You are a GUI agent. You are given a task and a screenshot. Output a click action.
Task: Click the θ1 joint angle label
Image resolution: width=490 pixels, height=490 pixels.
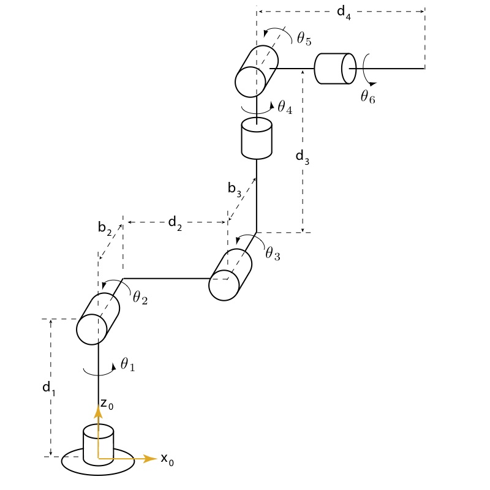(x=128, y=364)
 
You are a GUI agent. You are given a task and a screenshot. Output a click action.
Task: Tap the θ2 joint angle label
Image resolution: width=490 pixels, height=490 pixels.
(x=140, y=297)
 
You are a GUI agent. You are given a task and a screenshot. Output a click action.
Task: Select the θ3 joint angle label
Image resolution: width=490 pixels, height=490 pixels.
(x=273, y=253)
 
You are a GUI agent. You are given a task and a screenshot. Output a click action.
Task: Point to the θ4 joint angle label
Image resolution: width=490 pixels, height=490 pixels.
(x=285, y=107)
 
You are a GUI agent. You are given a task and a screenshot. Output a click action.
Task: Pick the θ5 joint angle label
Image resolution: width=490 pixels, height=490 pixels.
(x=304, y=39)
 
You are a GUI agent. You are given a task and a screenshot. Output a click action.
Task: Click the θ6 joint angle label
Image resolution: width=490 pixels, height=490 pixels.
(x=368, y=96)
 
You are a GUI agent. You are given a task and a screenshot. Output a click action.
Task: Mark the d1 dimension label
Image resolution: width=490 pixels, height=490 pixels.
(x=49, y=389)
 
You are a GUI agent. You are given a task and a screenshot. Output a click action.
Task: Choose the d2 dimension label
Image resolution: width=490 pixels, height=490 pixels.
(x=175, y=224)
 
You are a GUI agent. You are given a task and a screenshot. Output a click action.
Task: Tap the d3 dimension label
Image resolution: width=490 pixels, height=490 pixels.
(x=303, y=157)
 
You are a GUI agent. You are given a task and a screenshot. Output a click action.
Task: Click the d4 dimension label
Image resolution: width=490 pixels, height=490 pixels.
(x=344, y=13)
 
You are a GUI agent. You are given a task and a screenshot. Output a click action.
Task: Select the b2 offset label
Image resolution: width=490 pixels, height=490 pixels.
(x=105, y=228)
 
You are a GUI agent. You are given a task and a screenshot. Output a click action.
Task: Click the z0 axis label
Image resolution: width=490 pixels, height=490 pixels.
(x=107, y=404)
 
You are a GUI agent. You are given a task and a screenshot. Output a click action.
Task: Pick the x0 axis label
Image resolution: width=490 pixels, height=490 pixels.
(x=167, y=460)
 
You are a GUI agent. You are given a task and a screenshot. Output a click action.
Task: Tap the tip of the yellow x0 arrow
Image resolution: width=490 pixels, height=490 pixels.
(x=157, y=458)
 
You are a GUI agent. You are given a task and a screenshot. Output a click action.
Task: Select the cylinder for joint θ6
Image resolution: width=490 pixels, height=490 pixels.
(x=334, y=69)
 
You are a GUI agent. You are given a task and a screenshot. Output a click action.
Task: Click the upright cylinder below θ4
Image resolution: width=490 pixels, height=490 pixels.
(x=257, y=138)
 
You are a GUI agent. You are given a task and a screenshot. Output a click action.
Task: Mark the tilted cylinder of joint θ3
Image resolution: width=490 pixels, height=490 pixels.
(x=230, y=274)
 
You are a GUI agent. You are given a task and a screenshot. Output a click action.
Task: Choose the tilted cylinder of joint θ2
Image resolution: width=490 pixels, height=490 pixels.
(x=98, y=318)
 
